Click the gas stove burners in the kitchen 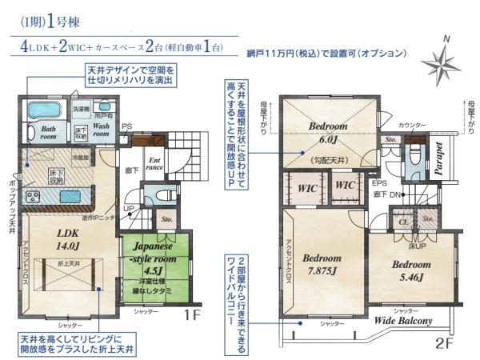[x=34, y=196]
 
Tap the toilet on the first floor [x=158, y=194]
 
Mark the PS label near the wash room [x=126, y=126]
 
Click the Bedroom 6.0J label [x=328, y=132]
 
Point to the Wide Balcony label [x=404, y=321]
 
